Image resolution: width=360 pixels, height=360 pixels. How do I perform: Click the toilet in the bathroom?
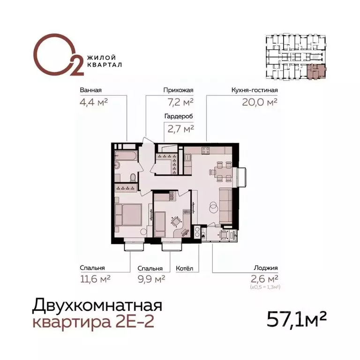click(x=133, y=177)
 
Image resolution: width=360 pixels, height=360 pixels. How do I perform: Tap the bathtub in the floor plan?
click(x=127, y=155)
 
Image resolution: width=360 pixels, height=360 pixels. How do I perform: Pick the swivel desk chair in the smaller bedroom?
click(x=176, y=221)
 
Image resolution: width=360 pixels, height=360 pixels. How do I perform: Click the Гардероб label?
click(x=179, y=116)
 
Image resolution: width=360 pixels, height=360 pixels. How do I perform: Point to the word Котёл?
click(x=184, y=269)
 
